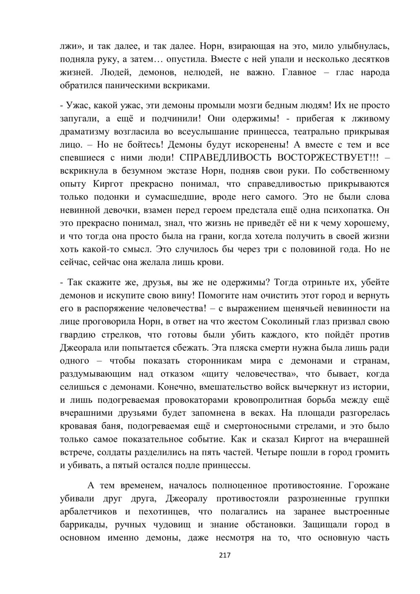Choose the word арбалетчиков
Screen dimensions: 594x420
tap(89, 512)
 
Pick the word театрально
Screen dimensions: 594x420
tap(317, 132)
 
